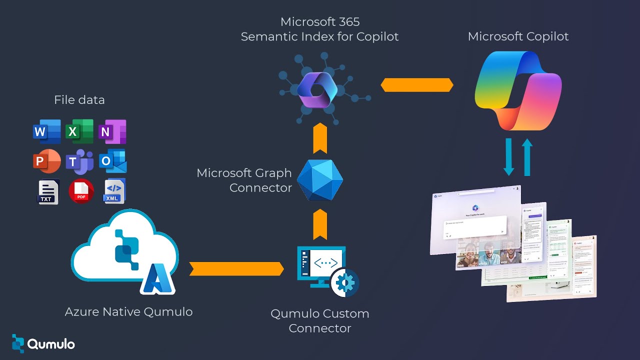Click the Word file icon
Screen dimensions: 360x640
click(46, 131)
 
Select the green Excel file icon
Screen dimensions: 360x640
click(79, 131)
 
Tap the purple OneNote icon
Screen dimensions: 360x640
click(112, 131)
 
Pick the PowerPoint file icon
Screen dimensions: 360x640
click(46, 161)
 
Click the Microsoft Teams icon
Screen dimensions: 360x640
click(79, 161)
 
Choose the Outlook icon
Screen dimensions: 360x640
click(112, 161)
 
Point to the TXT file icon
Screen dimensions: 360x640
click(48, 191)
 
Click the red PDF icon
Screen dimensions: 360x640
click(81, 191)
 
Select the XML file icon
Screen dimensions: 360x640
click(114, 191)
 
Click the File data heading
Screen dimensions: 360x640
click(79, 100)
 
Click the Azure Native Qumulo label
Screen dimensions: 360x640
click(128, 312)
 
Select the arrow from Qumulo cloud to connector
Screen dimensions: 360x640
click(236, 269)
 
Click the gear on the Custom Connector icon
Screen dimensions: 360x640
click(344, 282)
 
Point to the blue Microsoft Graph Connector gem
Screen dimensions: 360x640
click(320, 180)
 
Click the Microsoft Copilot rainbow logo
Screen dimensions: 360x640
click(518, 90)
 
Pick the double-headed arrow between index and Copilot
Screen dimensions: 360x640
click(417, 85)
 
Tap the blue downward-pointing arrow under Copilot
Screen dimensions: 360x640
click(509, 157)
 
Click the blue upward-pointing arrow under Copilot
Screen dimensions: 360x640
click(527, 157)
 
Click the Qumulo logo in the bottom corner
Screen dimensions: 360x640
click(43, 343)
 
